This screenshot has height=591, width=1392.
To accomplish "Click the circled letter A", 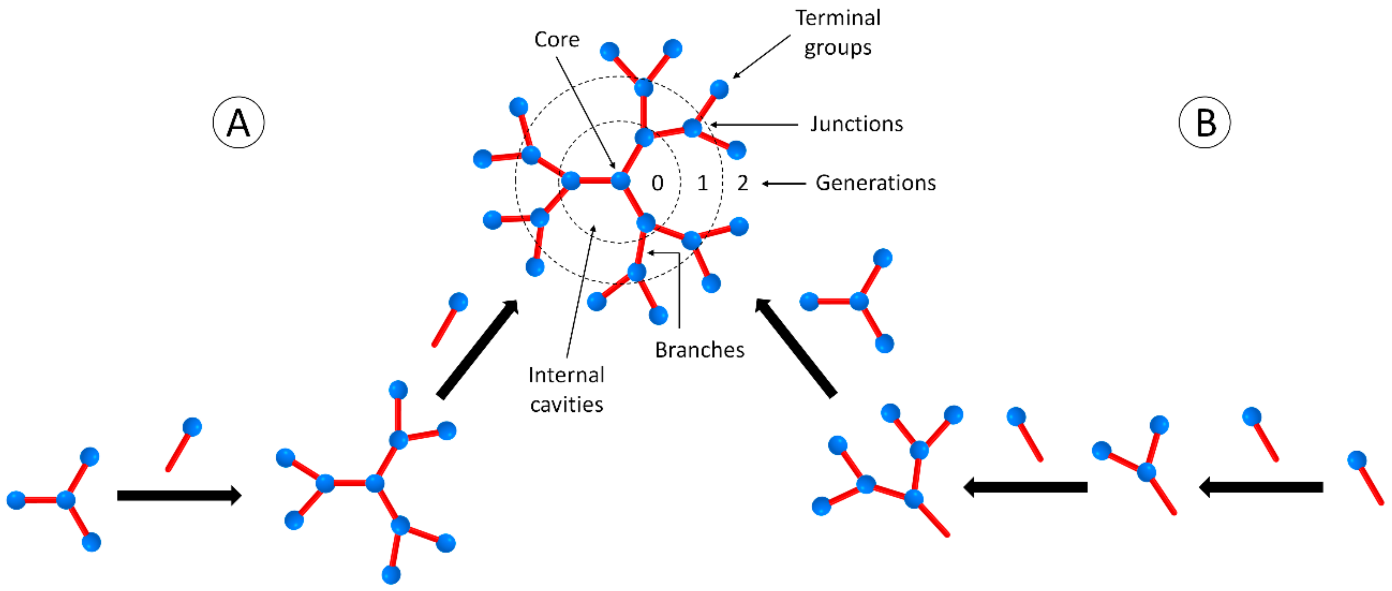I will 238,123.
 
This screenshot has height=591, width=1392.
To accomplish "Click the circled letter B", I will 1204,123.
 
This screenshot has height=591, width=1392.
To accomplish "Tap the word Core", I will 556,39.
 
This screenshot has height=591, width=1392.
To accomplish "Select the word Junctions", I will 856,124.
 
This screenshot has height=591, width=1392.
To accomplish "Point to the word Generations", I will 875,183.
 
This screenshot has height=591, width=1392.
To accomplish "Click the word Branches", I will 700,350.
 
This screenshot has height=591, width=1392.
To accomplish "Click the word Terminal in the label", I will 838,18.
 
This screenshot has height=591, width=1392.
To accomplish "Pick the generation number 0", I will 657,183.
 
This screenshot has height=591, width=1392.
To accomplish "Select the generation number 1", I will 702,183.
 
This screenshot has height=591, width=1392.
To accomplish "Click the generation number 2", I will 742,183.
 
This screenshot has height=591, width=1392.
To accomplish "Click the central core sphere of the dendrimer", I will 621,180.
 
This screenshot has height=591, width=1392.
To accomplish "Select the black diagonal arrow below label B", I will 795,349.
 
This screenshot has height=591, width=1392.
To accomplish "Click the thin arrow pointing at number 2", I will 784,184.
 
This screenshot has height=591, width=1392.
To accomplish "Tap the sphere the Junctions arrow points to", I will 692,128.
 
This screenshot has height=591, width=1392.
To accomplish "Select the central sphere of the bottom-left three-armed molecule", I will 66,500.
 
